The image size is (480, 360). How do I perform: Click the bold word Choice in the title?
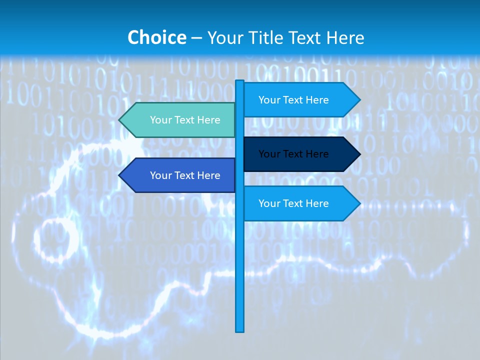(x=156, y=38)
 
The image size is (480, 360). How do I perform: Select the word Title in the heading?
(x=265, y=38)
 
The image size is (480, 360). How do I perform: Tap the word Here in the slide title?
(x=345, y=38)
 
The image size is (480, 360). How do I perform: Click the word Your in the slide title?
(x=225, y=38)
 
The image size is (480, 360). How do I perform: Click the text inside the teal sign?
(x=185, y=120)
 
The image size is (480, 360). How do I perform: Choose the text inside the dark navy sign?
(x=293, y=154)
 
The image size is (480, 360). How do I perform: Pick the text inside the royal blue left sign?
(x=185, y=175)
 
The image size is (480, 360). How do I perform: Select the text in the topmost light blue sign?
(x=293, y=100)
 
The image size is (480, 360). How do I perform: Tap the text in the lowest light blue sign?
(x=293, y=203)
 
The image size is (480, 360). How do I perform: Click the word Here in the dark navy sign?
(x=317, y=154)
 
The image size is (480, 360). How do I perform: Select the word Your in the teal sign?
(x=160, y=120)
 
